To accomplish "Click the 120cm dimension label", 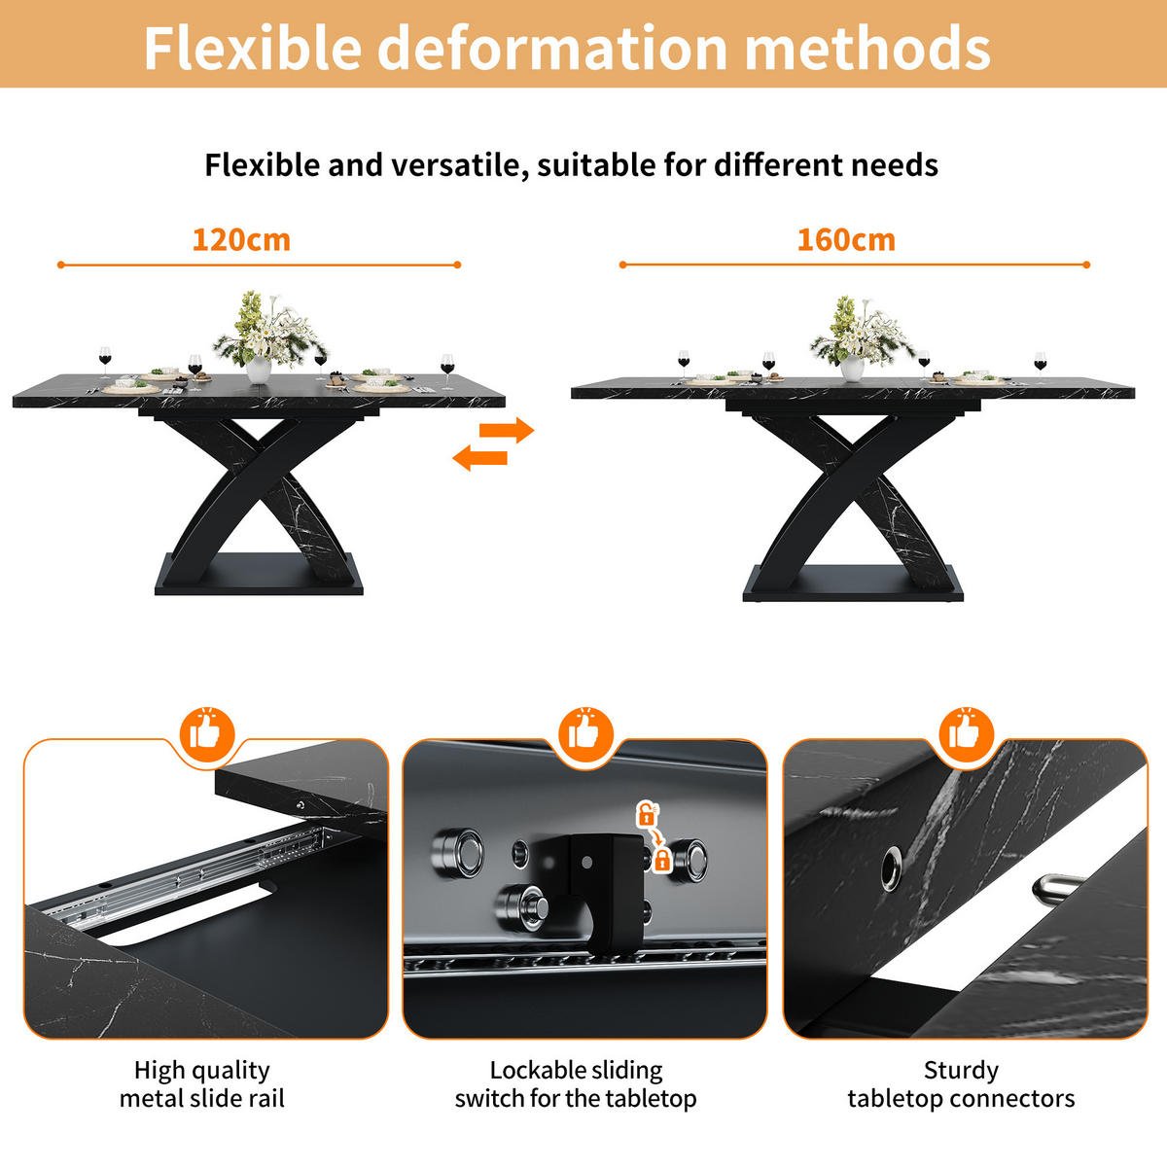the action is point(241,240).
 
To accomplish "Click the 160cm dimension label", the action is point(847,240).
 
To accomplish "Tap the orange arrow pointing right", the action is point(507,430).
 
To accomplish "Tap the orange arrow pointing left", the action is point(480,457).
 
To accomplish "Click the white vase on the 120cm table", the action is point(259,370).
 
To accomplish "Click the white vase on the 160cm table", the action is point(852,369).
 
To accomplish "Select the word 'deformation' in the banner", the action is point(552,48).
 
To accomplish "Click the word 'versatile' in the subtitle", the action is point(459,165).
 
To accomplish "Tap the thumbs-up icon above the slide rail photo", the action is point(207,734).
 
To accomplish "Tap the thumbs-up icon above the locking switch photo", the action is point(585,734).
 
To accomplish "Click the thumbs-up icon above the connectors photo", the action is point(966,734).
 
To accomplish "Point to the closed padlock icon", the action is point(662,859).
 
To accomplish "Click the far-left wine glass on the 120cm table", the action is point(106,362).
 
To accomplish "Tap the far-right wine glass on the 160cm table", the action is point(1041,366).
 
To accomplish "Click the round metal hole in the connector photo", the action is point(891,869).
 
